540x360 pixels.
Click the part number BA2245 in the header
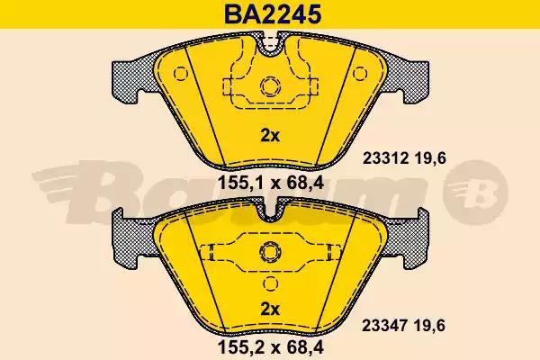(270, 14)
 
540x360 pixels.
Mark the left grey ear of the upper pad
(130, 81)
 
